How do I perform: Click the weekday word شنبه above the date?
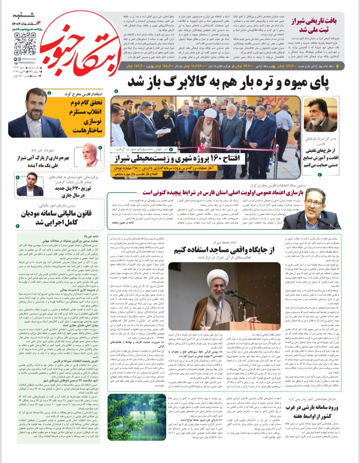23,15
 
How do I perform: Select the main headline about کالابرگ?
228,83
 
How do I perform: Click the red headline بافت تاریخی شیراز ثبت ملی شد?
314,25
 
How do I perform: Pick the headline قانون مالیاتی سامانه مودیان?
57,217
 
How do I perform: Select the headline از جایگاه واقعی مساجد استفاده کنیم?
224,250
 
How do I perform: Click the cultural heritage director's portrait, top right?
320,115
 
